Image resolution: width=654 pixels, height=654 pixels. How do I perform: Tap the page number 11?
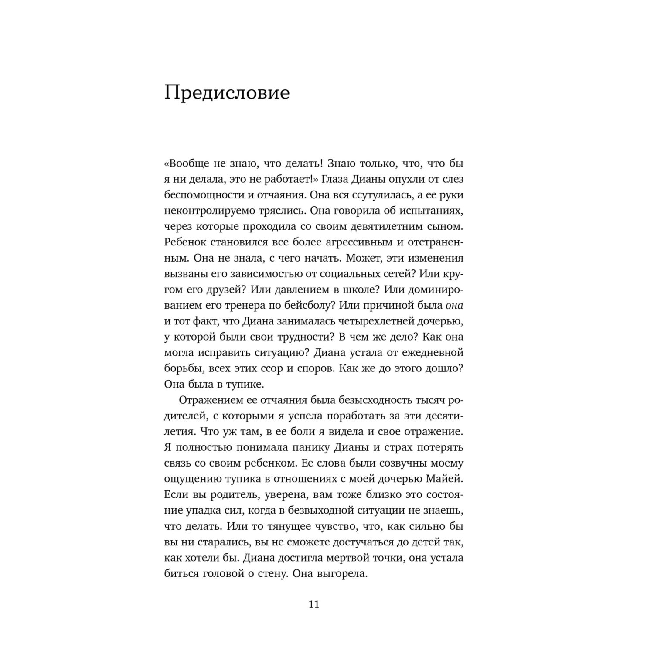[x=314, y=605]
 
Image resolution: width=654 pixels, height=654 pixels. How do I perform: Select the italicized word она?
[x=454, y=305]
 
